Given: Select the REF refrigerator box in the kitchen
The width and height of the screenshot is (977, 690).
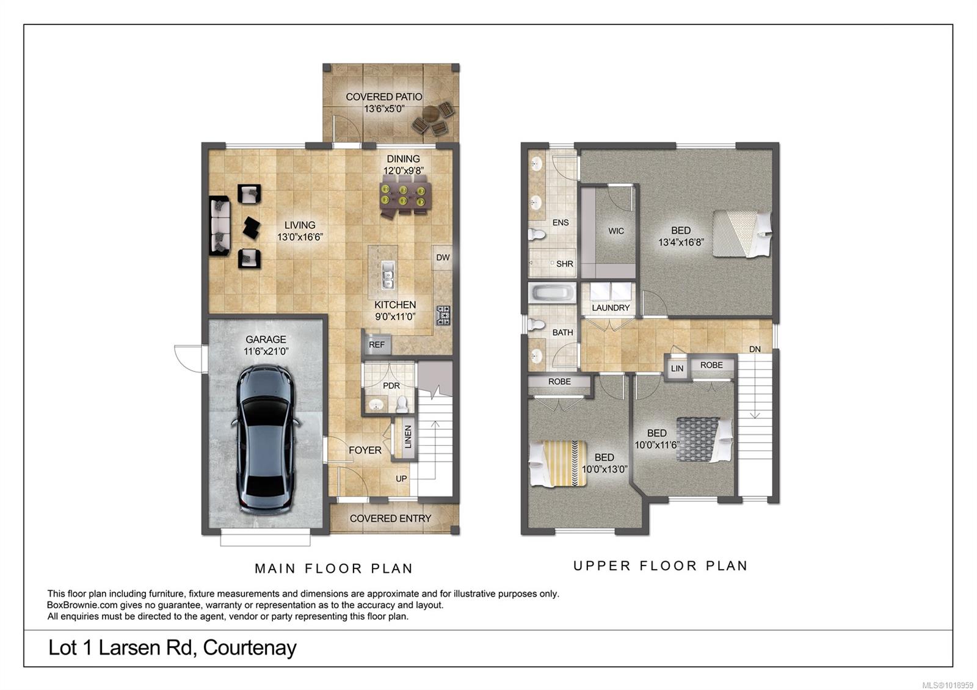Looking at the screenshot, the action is (x=376, y=344).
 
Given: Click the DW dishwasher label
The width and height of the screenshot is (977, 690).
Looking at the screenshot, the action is (x=443, y=257).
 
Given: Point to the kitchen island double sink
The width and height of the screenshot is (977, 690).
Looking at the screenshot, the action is (x=388, y=275).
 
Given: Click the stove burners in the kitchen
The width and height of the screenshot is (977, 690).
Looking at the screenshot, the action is (x=443, y=316).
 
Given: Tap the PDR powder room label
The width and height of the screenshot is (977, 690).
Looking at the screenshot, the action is (x=391, y=385).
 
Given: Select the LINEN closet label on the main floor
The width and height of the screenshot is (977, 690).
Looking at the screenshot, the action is (x=408, y=437).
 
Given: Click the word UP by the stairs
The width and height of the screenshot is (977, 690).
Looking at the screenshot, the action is (x=401, y=479).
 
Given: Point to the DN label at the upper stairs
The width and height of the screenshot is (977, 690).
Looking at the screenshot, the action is (x=755, y=349).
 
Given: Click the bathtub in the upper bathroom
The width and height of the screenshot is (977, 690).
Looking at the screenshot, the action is (x=553, y=292).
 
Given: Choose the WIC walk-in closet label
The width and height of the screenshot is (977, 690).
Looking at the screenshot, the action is (x=616, y=231).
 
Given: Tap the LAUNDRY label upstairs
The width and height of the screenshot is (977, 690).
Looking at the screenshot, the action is (x=611, y=308).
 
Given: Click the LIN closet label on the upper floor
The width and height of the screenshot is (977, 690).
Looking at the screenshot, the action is (x=677, y=369).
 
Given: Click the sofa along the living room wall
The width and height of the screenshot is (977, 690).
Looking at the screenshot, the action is (x=220, y=225).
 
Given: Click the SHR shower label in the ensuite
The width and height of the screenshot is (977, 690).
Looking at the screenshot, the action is (x=564, y=264).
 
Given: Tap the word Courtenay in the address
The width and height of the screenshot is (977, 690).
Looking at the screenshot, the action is (x=250, y=648).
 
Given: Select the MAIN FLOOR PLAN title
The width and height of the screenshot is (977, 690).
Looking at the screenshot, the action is (x=333, y=568).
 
